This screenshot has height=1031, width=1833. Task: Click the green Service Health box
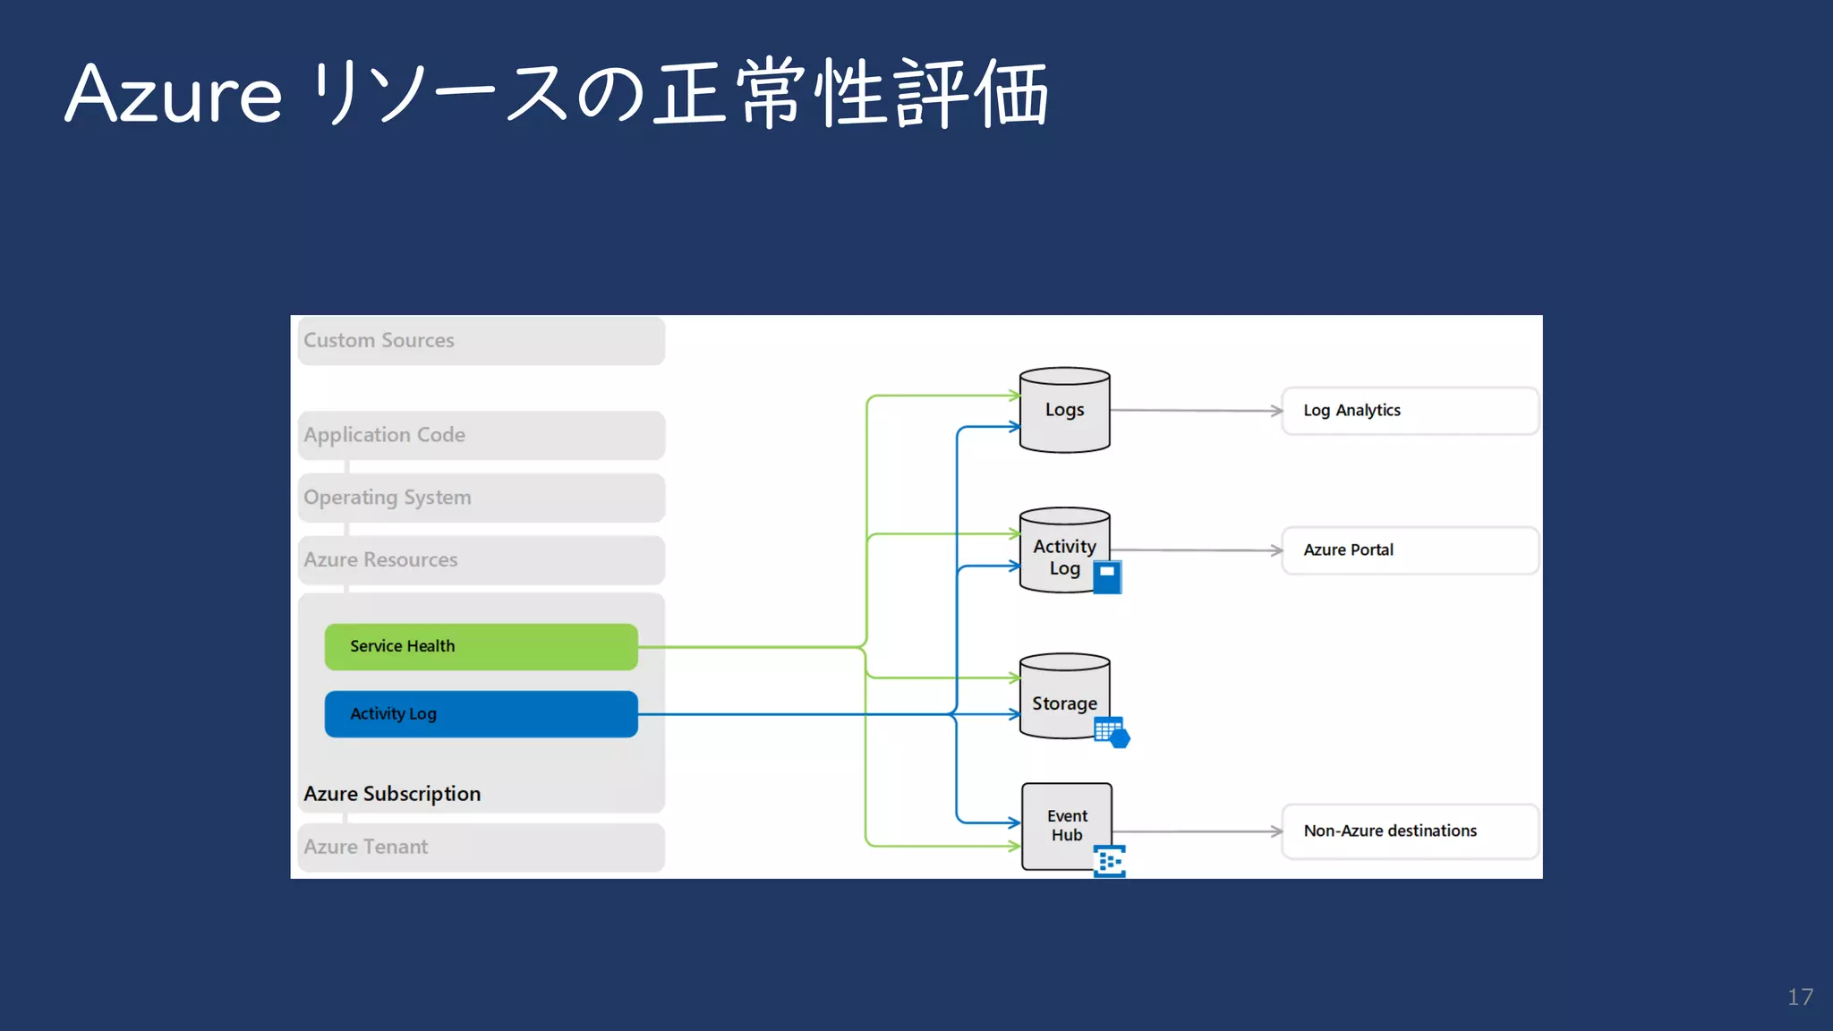tap(481, 646)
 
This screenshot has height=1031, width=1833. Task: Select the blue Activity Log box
tap(481, 714)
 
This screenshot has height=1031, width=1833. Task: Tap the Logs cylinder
tap(1064, 410)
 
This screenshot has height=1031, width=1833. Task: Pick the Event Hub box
tap(1066, 825)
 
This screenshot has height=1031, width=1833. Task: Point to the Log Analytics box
tap(1410, 411)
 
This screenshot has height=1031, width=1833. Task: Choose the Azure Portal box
tap(1410, 550)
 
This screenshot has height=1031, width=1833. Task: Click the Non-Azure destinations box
tap(1410, 831)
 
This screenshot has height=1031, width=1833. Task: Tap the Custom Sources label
tap(379, 341)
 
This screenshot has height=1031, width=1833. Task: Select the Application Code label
tap(384, 435)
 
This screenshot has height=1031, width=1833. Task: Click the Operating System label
tap(387, 498)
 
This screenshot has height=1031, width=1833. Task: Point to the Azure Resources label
tap(380, 560)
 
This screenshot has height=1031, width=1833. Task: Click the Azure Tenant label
tap(365, 847)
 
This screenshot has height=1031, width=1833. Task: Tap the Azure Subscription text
tap(392, 794)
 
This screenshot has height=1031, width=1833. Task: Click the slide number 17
tap(1800, 997)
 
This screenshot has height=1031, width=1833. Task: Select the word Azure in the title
tap(174, 94)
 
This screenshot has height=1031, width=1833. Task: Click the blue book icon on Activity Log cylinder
tap(1107, 577)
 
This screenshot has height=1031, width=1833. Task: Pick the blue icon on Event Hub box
tap(1110, 861)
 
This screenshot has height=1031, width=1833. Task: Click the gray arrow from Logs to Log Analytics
tap(1196, 411)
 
